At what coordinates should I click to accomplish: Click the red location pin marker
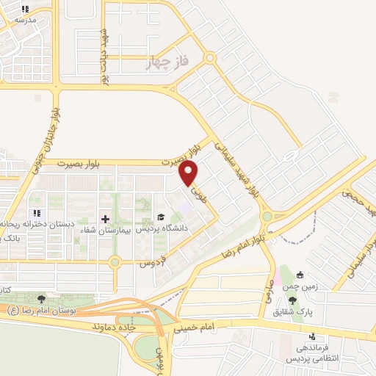click(x=189, y=174)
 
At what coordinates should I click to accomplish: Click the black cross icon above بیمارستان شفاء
click(x=104, y=219)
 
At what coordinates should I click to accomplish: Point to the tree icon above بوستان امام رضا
click(x=40, y=299)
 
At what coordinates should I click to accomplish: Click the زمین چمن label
click(x=316, y=289)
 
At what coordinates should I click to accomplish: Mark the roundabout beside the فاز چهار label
click(x=210, y=57)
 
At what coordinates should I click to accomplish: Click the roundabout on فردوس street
click(x=115, y=261)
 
